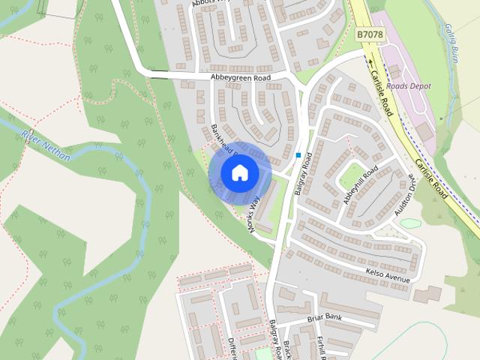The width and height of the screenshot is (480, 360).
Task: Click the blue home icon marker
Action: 239,173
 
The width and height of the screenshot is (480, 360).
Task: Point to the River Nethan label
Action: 46,145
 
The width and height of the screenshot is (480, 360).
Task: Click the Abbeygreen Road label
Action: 239,77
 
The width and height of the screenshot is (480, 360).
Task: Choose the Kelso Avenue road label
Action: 388,275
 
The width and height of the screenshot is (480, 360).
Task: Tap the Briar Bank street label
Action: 324,319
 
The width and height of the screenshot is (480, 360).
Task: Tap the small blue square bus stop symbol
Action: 298,155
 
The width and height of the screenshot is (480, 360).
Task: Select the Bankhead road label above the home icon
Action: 223,138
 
